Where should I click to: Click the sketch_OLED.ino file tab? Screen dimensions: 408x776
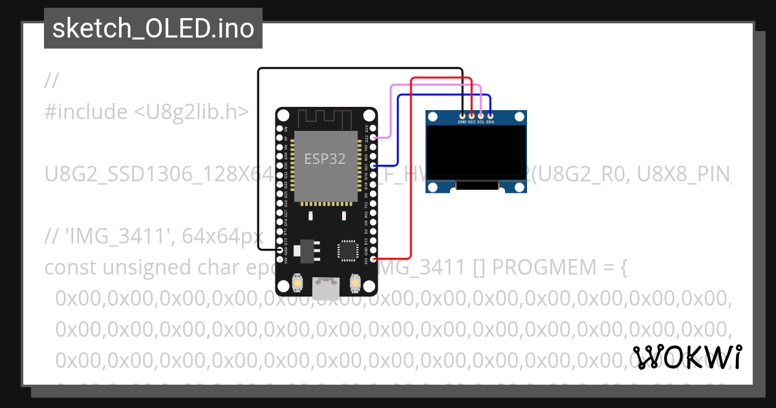pos(153,28)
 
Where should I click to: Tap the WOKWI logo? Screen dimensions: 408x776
pos(687,357)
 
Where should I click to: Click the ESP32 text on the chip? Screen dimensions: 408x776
pos(325,159)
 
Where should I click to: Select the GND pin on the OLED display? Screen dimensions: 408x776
pos(462,115)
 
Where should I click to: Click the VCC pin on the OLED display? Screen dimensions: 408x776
pos(471,115)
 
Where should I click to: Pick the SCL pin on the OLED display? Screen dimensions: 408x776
pos(480,115)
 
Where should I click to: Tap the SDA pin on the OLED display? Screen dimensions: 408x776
pos(490,115)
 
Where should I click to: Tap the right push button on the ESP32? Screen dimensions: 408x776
pos(354,283)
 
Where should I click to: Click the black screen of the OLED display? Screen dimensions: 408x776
pos(475,153)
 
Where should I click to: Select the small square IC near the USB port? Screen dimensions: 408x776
pos(347,250)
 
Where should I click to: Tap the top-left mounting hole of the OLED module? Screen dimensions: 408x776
pos(432,117)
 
